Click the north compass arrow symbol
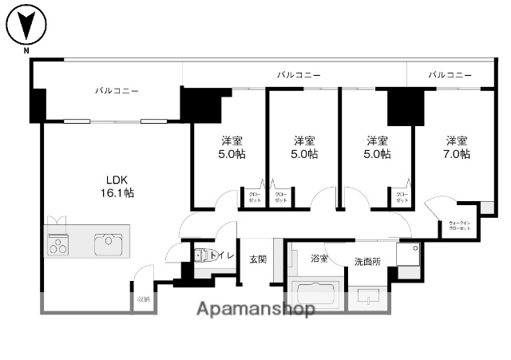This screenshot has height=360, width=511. (27, 26)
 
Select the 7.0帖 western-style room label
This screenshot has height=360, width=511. (457, 147)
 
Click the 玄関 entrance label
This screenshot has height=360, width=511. (257, 259)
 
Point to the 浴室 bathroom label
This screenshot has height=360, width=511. (319, 259)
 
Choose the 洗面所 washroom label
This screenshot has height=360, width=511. (367, 261)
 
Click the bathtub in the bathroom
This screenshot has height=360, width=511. (315, 294)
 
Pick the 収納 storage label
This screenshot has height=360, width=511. (143, 299)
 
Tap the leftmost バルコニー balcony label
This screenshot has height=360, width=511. (117, 91)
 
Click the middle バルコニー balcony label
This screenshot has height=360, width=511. (299, 74)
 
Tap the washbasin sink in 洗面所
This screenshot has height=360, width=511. (369, 299)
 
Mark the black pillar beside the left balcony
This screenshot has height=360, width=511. (38, 104)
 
